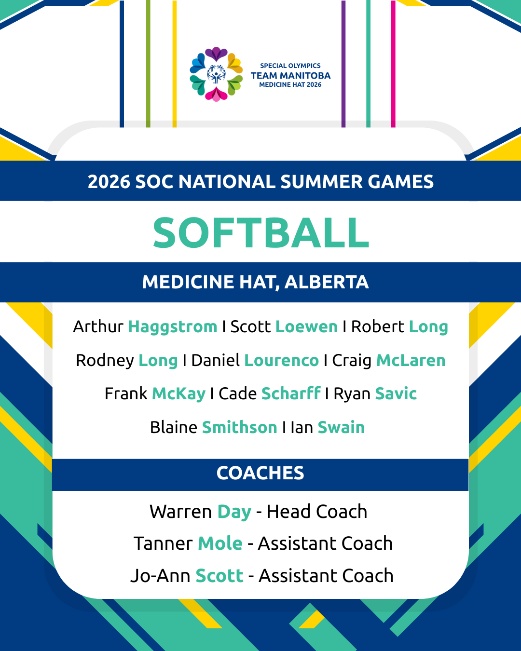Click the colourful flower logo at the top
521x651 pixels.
tap(216, 74)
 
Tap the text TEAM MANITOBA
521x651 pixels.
tap(290, 75)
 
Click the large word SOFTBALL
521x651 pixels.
tap(260, 233)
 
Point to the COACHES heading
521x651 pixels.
tap(260, 473)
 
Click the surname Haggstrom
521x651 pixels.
tap(173, 327)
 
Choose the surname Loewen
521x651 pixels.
tap(306, 327)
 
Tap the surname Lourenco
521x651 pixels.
tap(281, 361)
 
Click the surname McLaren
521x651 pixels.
tap(411, 361)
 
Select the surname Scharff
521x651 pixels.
tap(291, 393)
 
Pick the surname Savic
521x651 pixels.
tap(396, 394)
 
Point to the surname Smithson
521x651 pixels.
tap(239, 427)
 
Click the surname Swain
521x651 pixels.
tap(341, 427)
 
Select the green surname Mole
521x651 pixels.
tap(220, 543)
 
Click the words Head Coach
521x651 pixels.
tap(316, 512)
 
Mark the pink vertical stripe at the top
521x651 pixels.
tap(393, 64)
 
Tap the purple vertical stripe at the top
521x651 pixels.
tap(343, 64)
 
